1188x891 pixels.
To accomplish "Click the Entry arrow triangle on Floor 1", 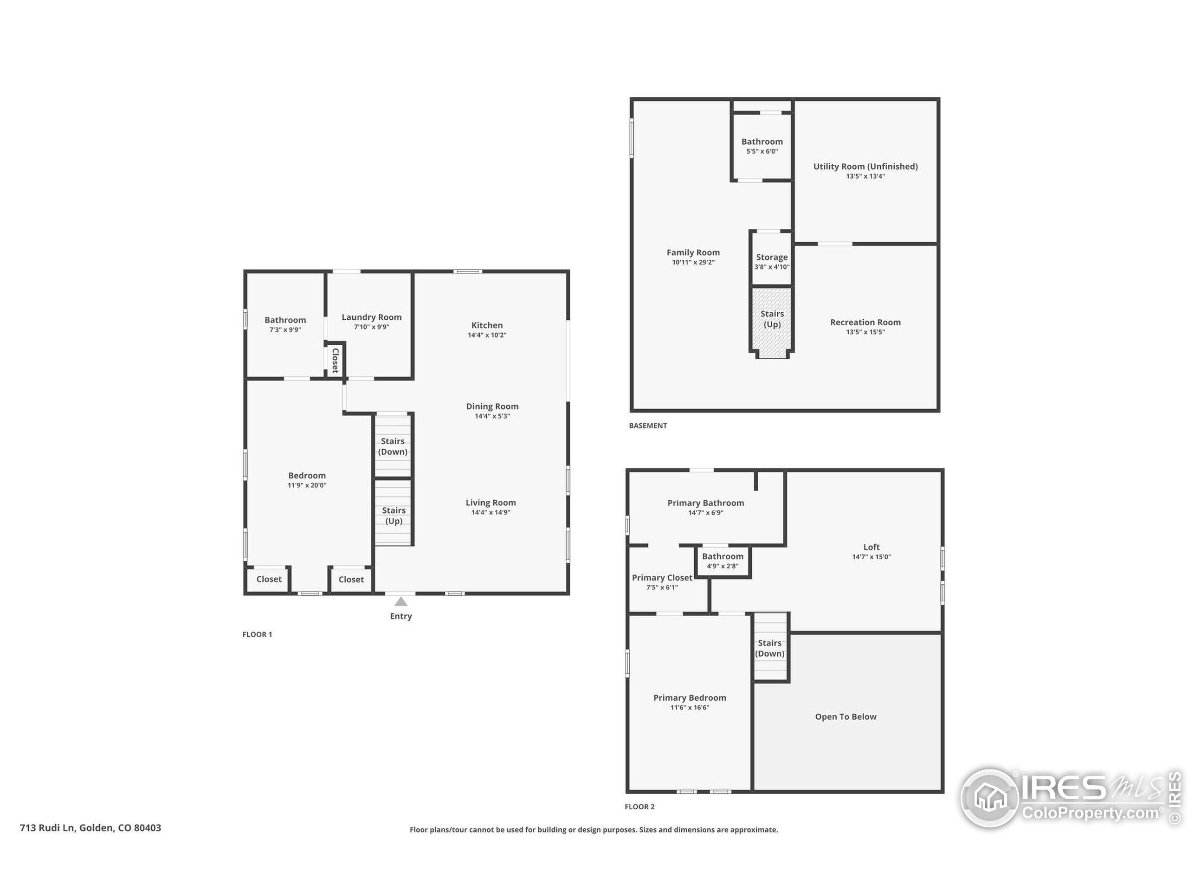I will click(400, 601).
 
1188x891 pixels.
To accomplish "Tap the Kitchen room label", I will click(487, 325).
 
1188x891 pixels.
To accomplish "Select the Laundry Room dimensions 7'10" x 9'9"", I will click(371, 327).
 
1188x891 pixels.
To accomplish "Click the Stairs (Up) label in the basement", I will click(772, 319).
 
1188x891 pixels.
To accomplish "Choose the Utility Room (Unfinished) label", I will click(865, 167).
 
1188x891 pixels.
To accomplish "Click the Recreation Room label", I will click(865, 322).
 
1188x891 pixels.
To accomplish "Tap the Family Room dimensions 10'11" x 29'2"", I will click(693, 263).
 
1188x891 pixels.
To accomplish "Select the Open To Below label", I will click(846, 717).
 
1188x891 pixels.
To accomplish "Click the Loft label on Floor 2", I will click(871, 547).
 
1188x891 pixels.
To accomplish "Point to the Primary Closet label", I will click(662, 577).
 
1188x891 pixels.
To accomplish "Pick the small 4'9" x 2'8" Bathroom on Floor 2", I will click(723, 561).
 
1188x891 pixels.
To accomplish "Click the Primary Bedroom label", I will click(690, 697).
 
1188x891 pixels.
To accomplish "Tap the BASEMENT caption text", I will click(648, 426).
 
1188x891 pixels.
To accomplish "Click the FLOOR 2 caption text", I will click(639, 807).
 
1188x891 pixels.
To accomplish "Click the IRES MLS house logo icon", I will click(990, 798).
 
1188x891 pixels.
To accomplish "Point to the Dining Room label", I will click(492, 407).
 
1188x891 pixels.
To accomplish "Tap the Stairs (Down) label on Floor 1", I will click(393, 446).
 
